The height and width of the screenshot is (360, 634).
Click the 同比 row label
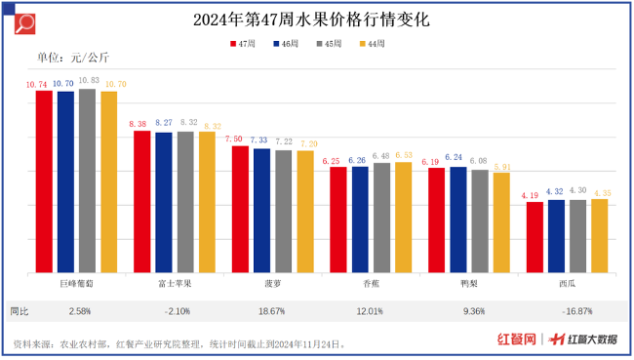pos(20,311)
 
